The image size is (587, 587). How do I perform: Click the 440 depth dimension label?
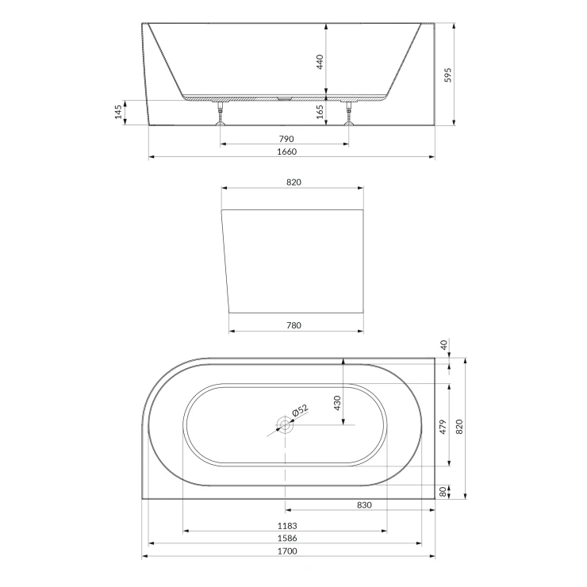coord(320,62)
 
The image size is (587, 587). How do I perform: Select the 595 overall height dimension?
coord(447,75)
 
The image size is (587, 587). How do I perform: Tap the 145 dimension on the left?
coord(118,113)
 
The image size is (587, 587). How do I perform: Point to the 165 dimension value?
coord(320,112)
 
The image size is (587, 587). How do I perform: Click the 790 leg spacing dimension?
coord(286,139)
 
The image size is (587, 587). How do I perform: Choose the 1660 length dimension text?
coord(287,152)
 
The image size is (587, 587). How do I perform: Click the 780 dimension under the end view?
coord(293,325)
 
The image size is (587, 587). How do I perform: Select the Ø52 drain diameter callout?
coord(300,410)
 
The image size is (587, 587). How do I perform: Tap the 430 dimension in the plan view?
coord(337,403)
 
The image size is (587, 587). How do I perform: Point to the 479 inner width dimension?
coord(443,427)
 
